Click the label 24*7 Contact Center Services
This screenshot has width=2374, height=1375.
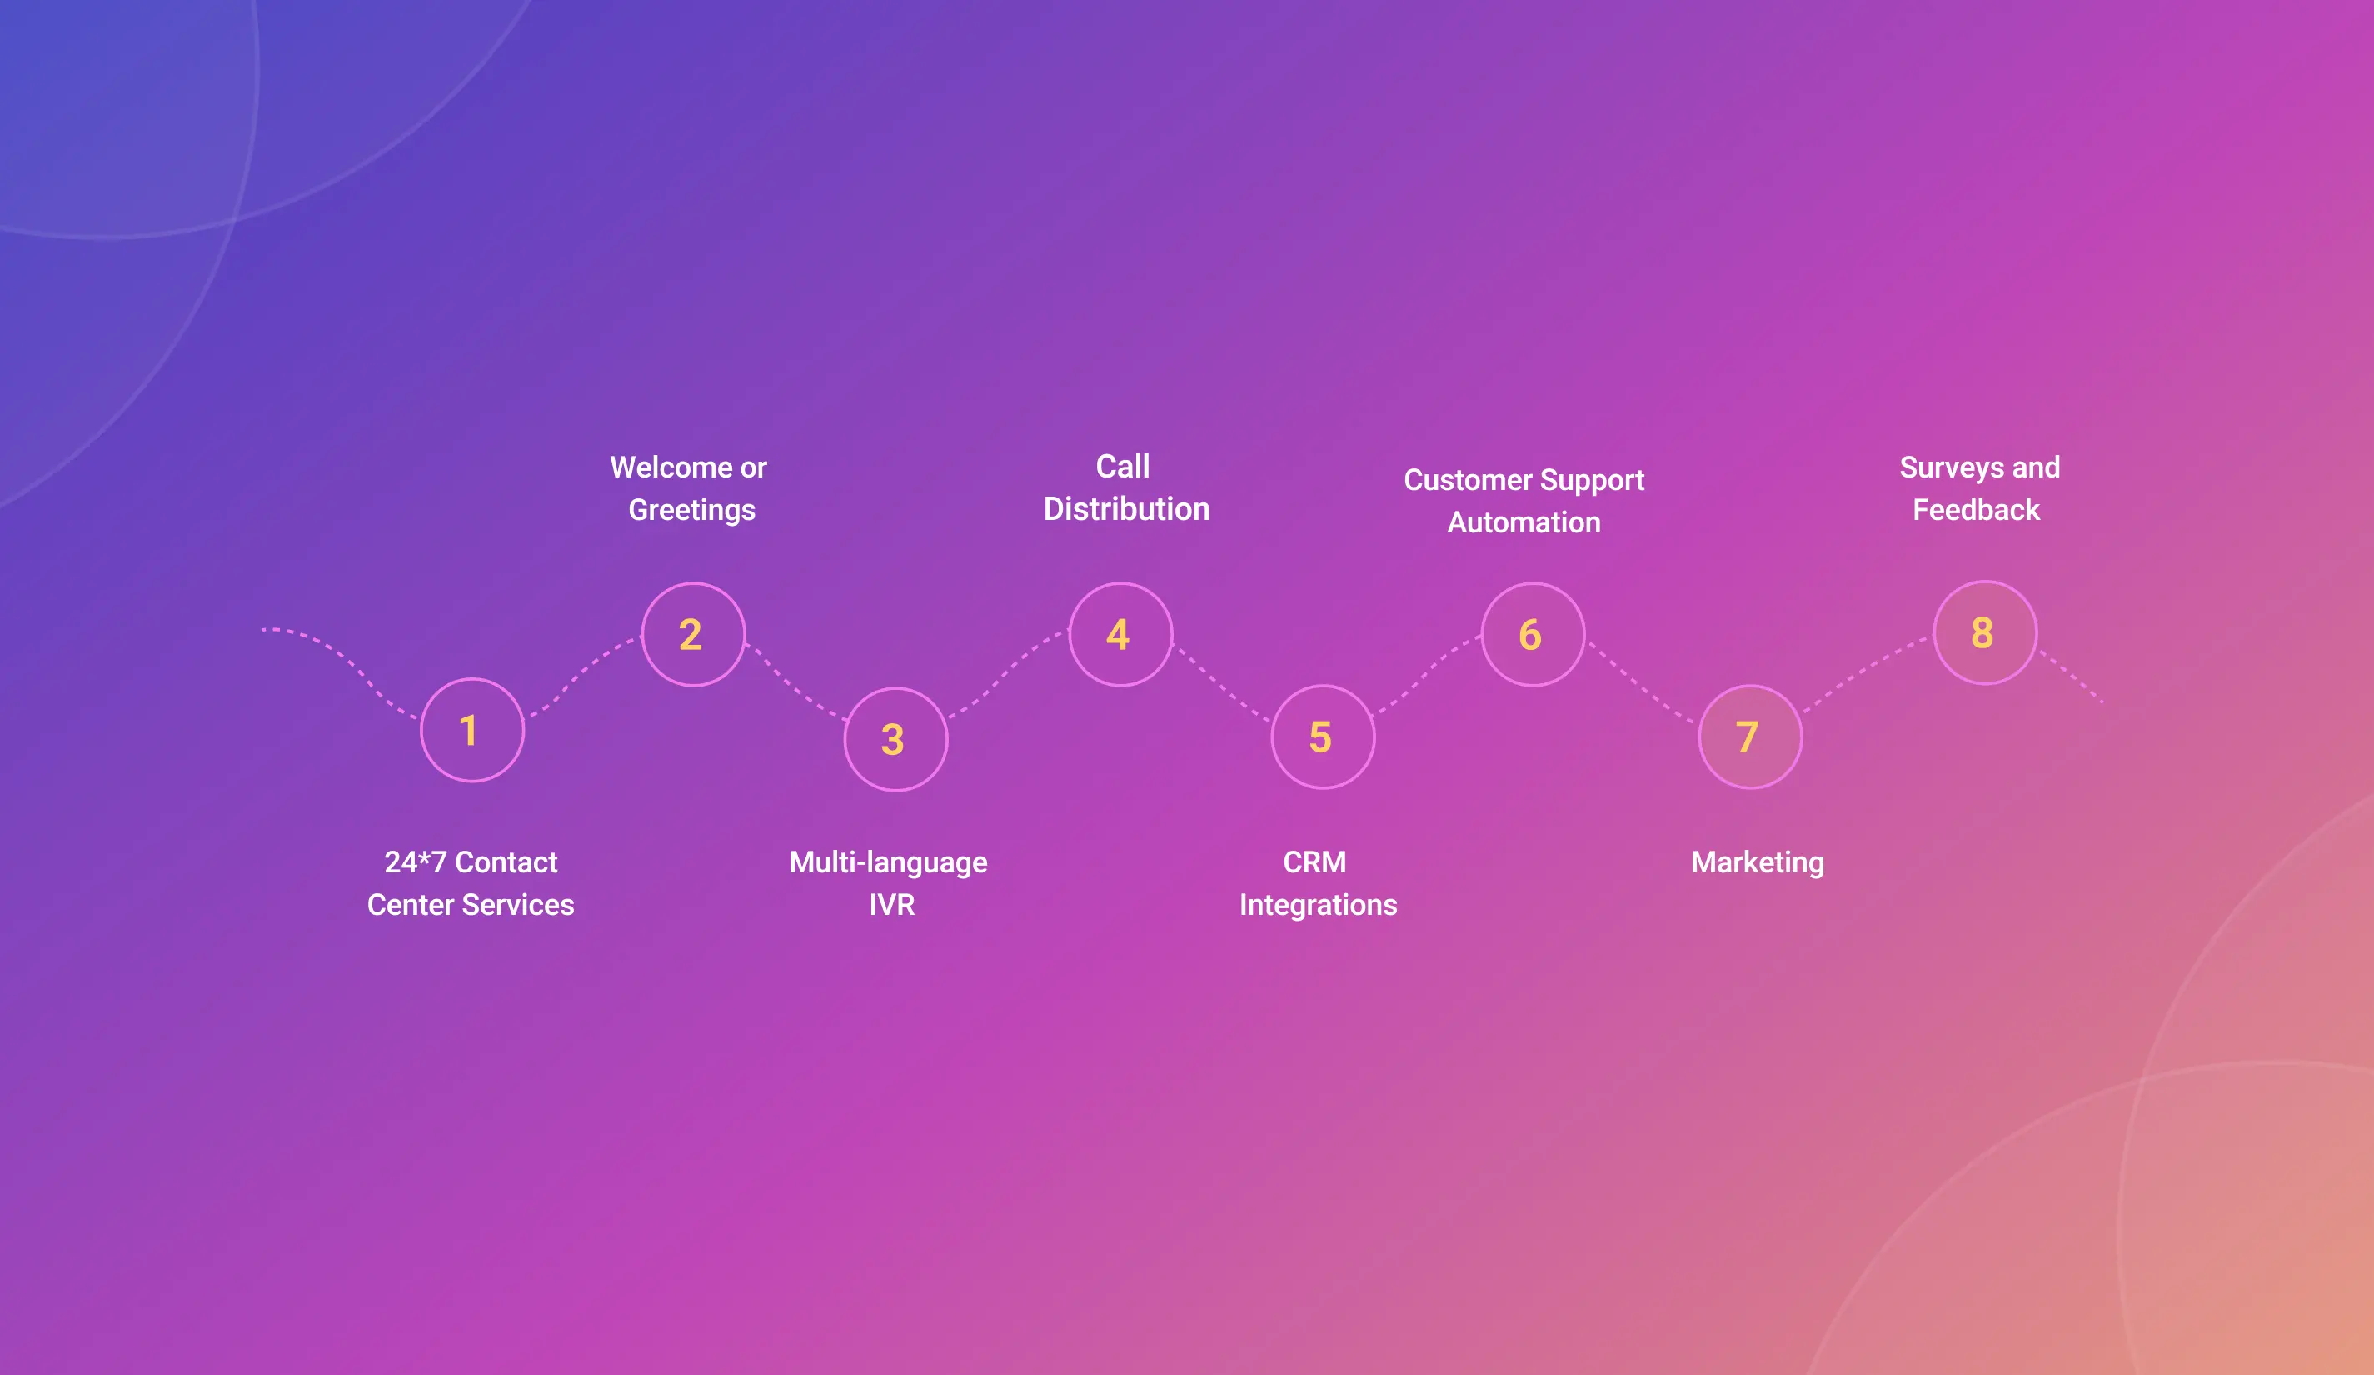pyautogui.click(x=471, y=883)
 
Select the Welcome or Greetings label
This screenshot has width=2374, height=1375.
pyautogui.click(x=690, y=488)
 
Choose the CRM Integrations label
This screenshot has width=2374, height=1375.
pyautogui.click(x=1318, y=883)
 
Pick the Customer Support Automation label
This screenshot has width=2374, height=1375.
pyautogui.click(x=1524, y=502)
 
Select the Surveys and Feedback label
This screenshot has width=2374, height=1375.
pyautogui.click(x=1979, y=488)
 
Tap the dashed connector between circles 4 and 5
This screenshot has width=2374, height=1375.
pyautogui.click(x=1221, y=685)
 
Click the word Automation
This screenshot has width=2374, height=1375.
pyautogui.click(x=1524, y=522)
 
